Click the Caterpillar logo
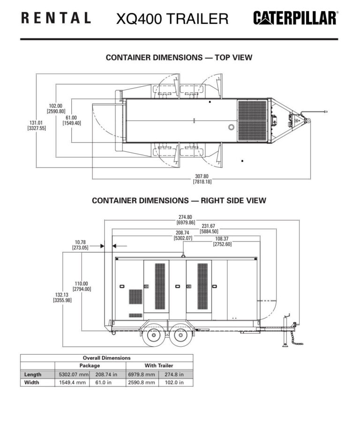click(x=295, y=18)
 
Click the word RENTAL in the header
click(x=56, y=18)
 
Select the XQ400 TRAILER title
click(x=172, y=19)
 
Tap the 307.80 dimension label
click(x=202, y=179)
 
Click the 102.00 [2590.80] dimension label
click(x=56, y=108)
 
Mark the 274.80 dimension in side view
click(x=186, y=219)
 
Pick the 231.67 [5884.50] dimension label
click(x=209, y=228)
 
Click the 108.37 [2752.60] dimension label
click(x=222, y=241)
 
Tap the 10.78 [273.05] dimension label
click(x=80, y=245)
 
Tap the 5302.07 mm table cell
click(x=73, y=374)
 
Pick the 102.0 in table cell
click(x=176, y=382)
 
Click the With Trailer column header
click(x=158, y=365)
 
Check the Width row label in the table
click(x=32, y=382)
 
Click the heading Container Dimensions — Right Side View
click(x=179, y=201)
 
